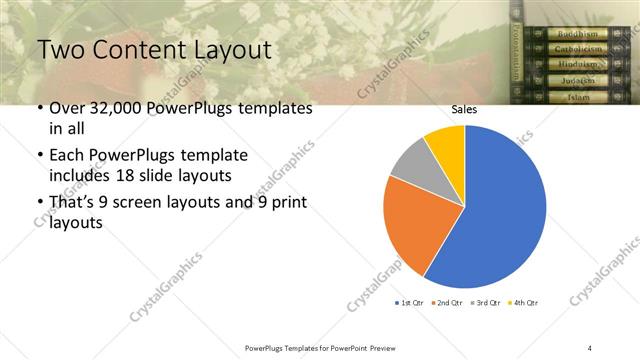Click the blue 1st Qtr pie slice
coord(500,210)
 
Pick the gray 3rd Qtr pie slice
coord(410,165)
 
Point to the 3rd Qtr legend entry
coord(486,302)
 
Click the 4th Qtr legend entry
coord(523,302)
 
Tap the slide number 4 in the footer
coord(590,347)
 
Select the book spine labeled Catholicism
coord(578,49)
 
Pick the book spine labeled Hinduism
coord(578,64)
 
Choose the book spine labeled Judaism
coord(578,80)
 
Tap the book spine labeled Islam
coord(578,96)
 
